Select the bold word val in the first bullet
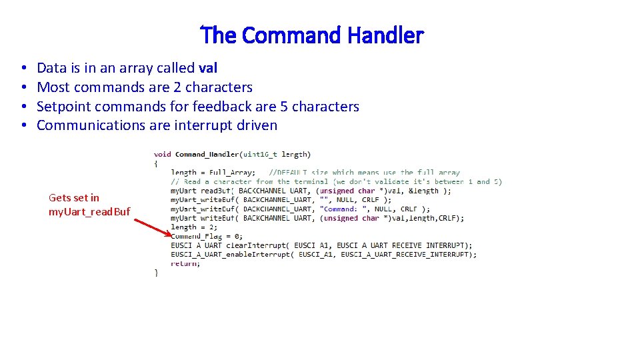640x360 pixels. (x=208, y=68)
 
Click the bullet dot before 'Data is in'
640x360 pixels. (x=23, y=69)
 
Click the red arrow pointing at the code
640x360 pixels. (x=150, y=225)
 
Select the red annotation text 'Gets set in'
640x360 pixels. (x=74, y=197)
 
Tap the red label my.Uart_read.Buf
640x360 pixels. (x=89, y=212)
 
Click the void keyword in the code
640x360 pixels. (x=163, y=154)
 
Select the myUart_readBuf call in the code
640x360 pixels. (x=200, y=191)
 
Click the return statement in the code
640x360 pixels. (x=185, y=263)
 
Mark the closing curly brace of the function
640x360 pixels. (x=156, y=272)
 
